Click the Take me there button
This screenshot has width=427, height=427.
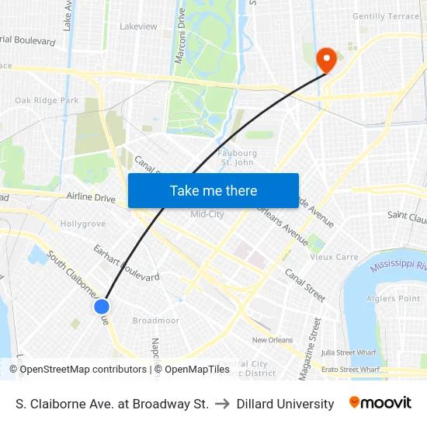coord(213,190)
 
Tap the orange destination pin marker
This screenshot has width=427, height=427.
coord(327,60)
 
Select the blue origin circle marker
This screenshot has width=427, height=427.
coord(102,307)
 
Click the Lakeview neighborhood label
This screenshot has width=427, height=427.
coord(138,26)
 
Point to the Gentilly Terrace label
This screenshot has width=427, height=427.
coord(385,16)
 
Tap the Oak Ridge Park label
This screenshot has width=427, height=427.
coord(47,100)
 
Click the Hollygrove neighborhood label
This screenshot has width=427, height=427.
coord(83,224)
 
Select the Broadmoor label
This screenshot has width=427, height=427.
coord(155,321)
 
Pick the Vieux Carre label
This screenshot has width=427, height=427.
coord(335,257)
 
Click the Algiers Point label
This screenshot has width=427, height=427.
coord(398,299)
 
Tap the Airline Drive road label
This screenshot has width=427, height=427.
coord(91,199)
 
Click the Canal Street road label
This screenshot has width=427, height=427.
coord(305,285)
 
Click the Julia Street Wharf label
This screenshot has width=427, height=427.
coord(349,352)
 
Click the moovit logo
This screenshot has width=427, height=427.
coord(380,403)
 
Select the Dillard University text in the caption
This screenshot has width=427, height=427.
coord(285,404)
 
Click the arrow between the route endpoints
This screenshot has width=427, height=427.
coord(222,404)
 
